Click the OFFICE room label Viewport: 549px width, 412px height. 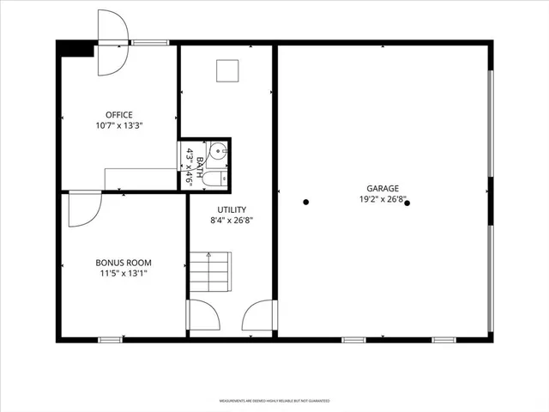point(118,114)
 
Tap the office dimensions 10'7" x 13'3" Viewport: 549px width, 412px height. point(118,125)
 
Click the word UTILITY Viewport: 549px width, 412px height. point(232,209)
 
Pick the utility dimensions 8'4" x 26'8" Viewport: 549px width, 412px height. point(232,220)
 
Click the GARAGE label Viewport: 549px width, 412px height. point(383,188)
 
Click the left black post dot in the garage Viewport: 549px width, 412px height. point(306,203)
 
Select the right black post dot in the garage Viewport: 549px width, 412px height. point(407,203)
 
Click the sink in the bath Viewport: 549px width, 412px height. point(218,153)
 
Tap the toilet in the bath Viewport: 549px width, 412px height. point(218,179)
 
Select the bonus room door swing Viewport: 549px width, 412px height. point(83,209)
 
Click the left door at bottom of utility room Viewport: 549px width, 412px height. point(202,318)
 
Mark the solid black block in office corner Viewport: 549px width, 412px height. point(76,50)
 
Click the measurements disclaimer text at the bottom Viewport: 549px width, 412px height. point(274,401)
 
